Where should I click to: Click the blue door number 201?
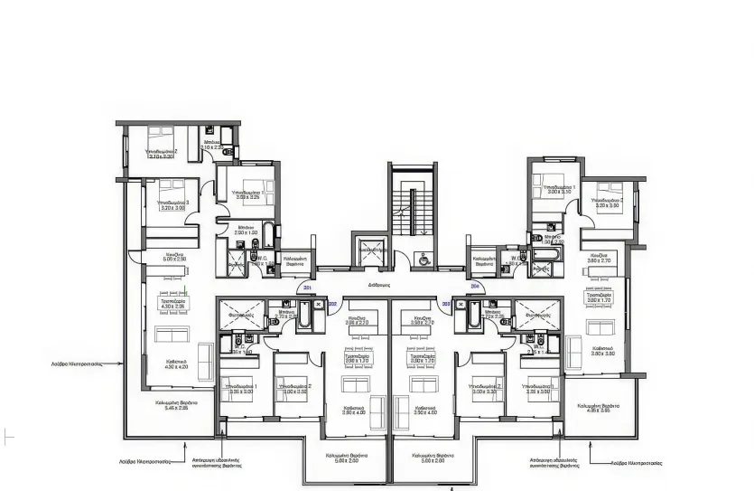click(308, 288)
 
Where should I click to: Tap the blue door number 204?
click(475, 288)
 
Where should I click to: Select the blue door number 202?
click(331, 304)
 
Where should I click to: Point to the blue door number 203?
click(445, 304)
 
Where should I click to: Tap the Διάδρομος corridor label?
click(378, 285)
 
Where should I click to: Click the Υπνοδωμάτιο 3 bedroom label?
click(173, 201)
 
